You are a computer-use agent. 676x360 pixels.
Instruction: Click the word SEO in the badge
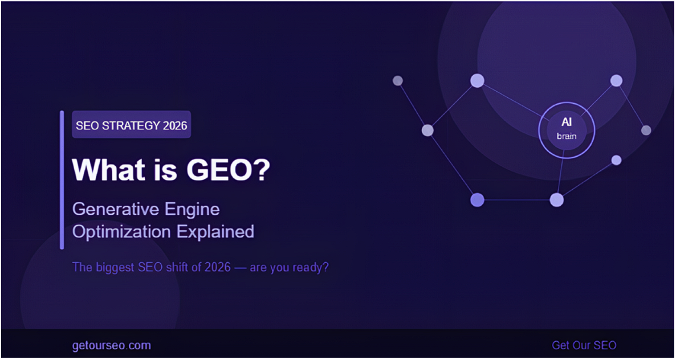(87, 126)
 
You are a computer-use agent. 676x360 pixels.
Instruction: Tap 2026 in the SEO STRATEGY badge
(174, 126)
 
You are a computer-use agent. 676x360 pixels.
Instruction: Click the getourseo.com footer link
(112, 345)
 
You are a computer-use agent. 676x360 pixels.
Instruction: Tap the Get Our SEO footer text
(584, 345)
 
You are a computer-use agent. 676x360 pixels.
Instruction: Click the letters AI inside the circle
(567, 122)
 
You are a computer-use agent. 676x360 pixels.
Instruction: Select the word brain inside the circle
(567, 136)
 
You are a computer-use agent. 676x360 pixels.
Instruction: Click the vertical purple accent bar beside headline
(62, 180)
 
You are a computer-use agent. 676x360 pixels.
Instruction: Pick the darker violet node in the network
(477, 200)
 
